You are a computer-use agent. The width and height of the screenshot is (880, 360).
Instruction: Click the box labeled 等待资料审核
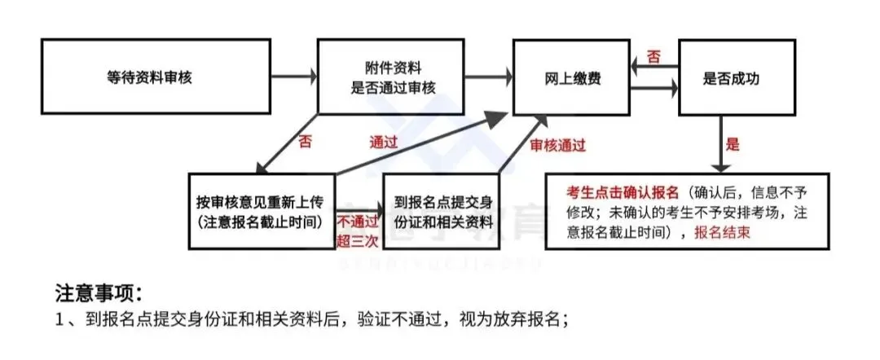pos(155,78)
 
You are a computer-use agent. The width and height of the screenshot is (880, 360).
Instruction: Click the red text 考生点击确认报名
pos(623,193)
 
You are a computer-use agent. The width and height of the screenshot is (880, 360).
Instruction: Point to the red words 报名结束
pos(722,232)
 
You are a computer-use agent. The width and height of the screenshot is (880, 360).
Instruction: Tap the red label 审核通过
pos(558,145)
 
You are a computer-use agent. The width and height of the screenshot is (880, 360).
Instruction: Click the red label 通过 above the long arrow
pos(383,140)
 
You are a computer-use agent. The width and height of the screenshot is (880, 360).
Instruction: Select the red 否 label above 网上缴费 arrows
pos(653,56)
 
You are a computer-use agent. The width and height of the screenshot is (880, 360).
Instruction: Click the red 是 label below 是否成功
pos(733,145)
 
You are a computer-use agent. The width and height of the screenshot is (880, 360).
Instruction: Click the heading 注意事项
pos(99,291)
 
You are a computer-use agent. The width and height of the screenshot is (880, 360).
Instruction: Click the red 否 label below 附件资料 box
pos(305,140)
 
